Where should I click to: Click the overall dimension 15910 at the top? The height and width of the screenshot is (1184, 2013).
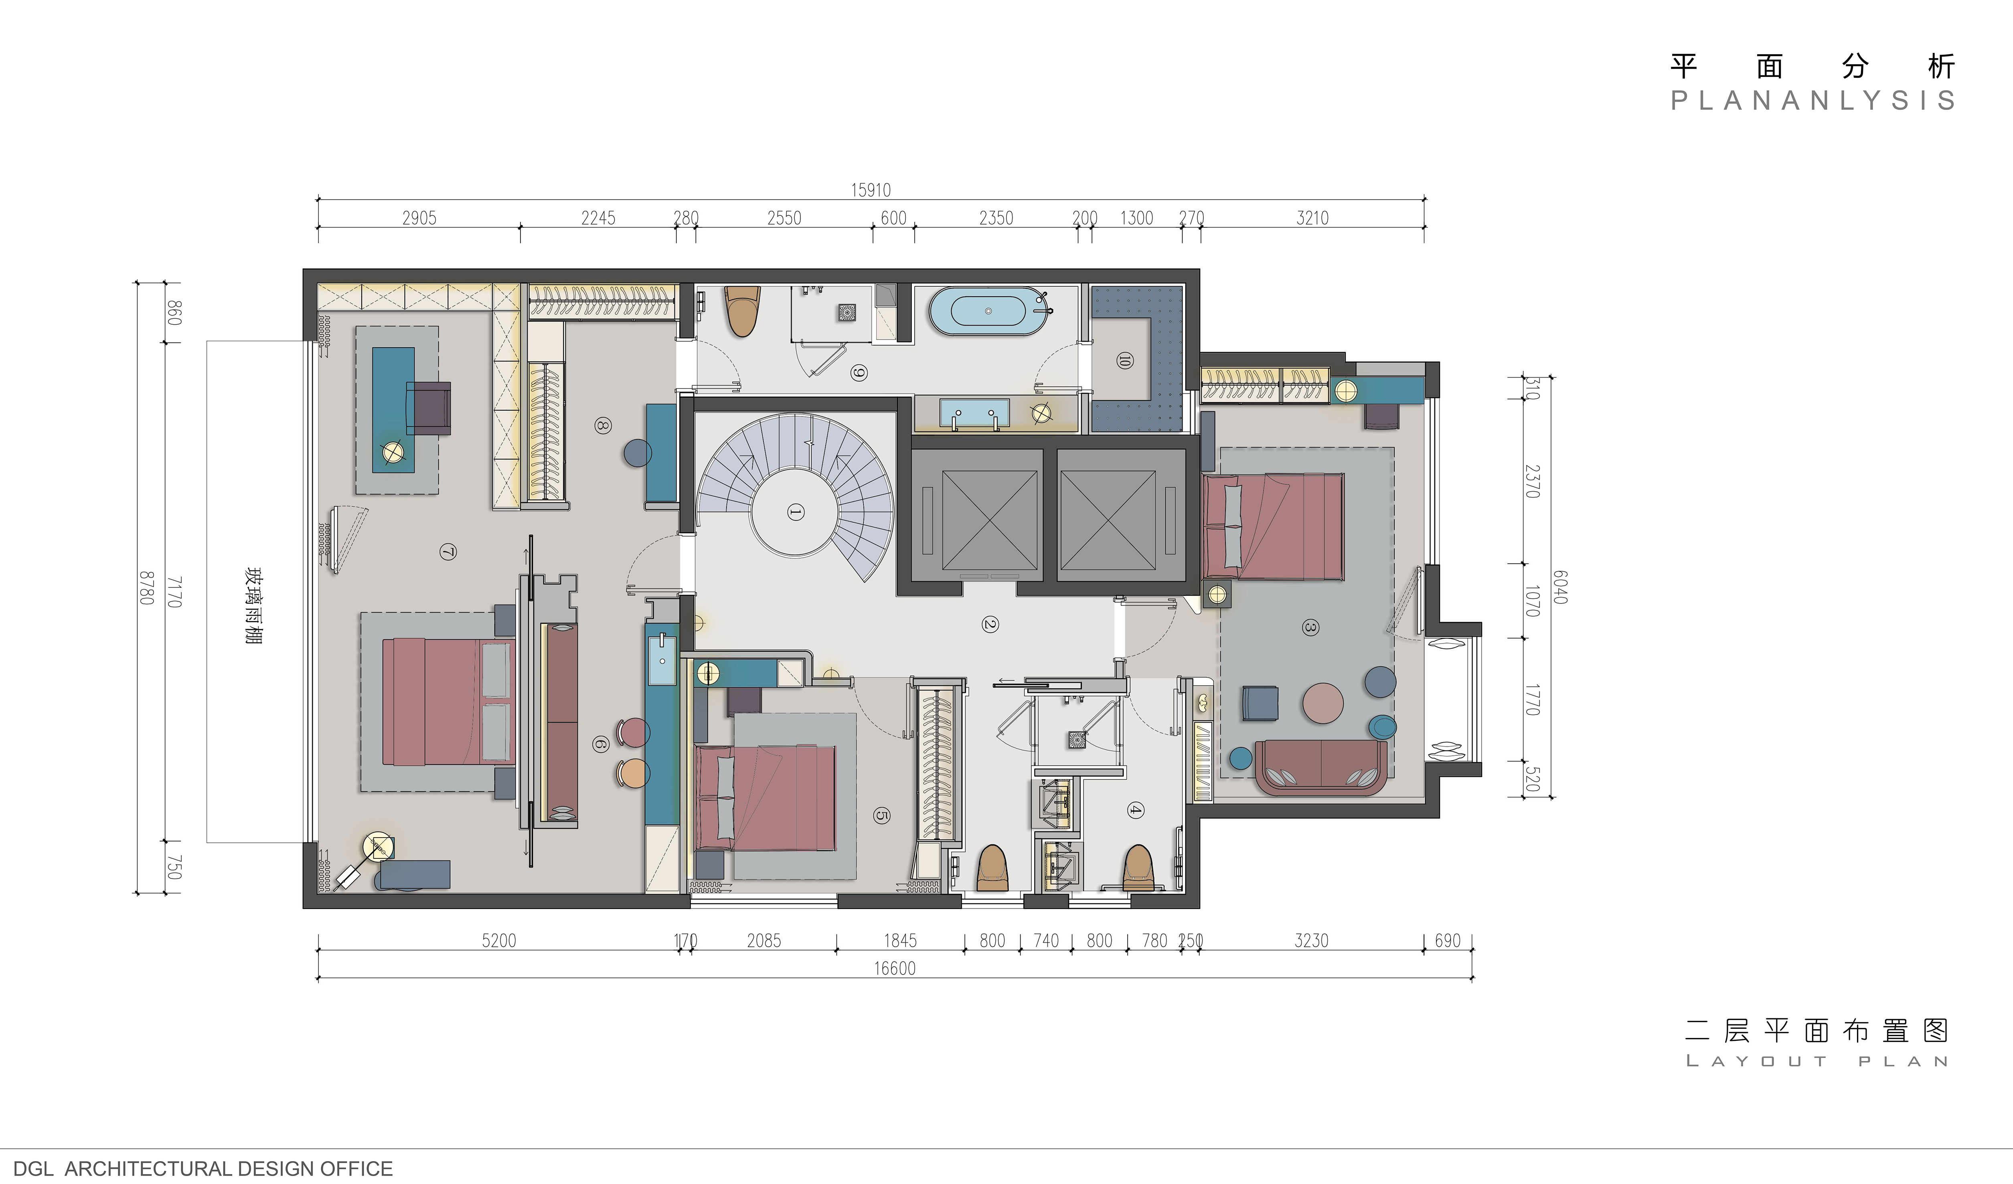click(x=870, y=190)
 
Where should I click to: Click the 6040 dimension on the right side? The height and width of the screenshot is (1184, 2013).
click(x=1560, y=587)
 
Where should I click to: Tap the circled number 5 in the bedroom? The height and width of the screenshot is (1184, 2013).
click(x=881, y=815)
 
